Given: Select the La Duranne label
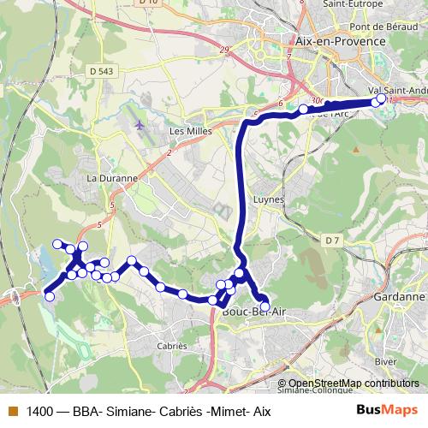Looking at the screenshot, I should coord(112,179).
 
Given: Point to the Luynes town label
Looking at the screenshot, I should coord(268,199).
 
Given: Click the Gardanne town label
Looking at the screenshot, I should coord(400,297).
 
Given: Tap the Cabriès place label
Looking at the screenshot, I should coord(172,347).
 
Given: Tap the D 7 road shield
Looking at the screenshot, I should coord(333,241).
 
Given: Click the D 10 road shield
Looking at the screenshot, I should coord(147,3).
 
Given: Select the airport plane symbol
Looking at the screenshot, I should coord(139,124).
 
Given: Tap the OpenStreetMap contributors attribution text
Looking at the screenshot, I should coord(353,383).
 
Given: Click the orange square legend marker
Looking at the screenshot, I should coord(11,412).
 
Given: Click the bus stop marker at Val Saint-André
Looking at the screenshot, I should coord(382,100).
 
